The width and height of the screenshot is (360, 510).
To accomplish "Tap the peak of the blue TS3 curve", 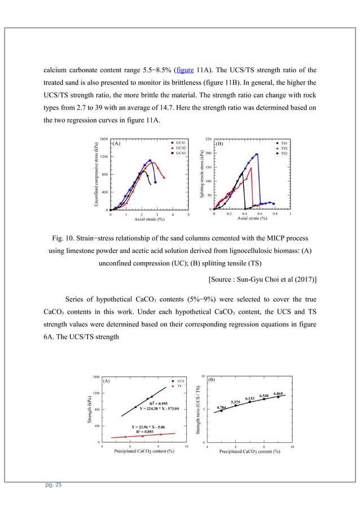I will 257,154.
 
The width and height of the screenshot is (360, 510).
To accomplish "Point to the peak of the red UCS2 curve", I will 153,163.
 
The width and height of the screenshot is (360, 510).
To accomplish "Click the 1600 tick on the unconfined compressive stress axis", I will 104,139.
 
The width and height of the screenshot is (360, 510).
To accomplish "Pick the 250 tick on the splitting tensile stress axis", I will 208,139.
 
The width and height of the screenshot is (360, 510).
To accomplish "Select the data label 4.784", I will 222,407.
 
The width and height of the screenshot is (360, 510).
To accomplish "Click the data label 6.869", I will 278,393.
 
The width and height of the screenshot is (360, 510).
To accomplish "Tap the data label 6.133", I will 250,398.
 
